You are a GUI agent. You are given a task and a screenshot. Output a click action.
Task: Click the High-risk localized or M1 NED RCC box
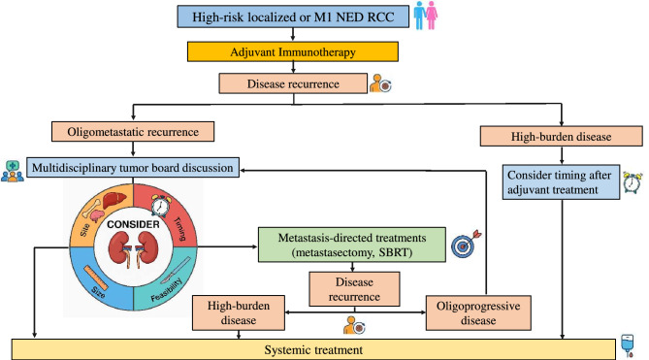click(293, 16)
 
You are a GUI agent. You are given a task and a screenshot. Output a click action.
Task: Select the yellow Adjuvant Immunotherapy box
click(293, 51)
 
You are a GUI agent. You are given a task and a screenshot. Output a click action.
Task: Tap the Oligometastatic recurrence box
click(133, 132)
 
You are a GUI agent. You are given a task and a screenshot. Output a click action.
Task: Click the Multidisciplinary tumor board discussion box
click(133, 168)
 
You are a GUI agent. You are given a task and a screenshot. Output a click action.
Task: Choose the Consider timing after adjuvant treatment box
click(561, 182)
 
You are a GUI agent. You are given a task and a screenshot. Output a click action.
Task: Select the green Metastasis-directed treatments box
click(352, 245)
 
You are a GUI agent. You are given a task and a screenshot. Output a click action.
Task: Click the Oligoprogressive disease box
click(478, 312)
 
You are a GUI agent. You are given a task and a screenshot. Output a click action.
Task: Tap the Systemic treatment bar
click(313, 349)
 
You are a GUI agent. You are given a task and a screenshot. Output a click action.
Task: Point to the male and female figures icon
click(426, 16)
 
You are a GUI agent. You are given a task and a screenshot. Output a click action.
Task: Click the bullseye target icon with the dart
click(466, 244)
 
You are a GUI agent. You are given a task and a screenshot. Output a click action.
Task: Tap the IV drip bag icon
click(628, 345)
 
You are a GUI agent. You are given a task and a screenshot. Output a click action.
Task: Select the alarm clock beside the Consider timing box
click(633, 182)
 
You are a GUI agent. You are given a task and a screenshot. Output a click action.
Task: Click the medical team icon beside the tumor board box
click(13, 172)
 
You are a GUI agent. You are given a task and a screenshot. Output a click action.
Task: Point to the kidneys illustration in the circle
click(133, 249)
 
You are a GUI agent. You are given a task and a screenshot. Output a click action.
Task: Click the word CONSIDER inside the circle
click(133, 224)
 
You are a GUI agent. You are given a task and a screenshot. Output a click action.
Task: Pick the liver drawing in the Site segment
click(114, 201)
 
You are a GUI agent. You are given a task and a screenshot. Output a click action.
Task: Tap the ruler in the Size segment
click(96, 278)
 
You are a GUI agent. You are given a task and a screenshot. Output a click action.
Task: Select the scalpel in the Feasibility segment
click(175, 270)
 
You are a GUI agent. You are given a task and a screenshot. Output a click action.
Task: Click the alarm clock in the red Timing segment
click(160, 205)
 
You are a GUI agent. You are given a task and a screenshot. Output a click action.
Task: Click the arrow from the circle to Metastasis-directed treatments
click(227, 246)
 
